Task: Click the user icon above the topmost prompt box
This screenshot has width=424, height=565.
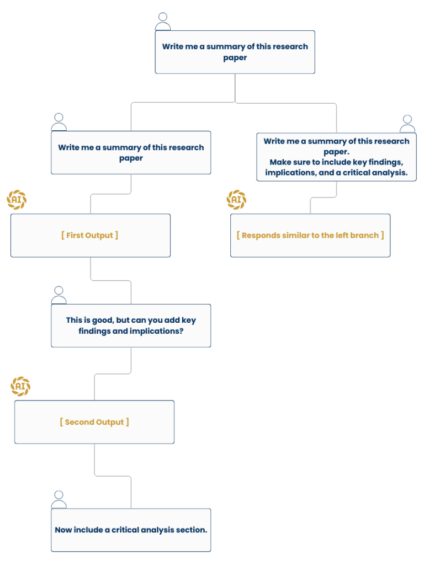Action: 163,22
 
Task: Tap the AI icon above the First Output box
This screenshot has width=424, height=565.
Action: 17,200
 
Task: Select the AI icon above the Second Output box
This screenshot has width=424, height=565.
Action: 20,386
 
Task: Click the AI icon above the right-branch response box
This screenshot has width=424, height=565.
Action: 236,200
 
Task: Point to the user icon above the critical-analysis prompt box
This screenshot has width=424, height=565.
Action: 59,500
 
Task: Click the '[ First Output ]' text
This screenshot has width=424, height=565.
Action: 90,235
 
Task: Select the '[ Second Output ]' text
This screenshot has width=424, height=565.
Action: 94,422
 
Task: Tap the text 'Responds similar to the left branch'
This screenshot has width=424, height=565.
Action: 310,235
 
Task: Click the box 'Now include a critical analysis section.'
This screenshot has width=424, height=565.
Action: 131,530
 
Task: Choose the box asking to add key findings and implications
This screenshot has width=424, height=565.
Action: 131,326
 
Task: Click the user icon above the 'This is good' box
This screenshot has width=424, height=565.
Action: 59,296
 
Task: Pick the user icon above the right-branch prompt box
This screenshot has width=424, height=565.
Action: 407,124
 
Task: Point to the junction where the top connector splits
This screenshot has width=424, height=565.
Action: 235,102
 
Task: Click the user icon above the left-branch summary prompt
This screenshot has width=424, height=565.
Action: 59,122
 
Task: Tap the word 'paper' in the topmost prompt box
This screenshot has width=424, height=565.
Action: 235,58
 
